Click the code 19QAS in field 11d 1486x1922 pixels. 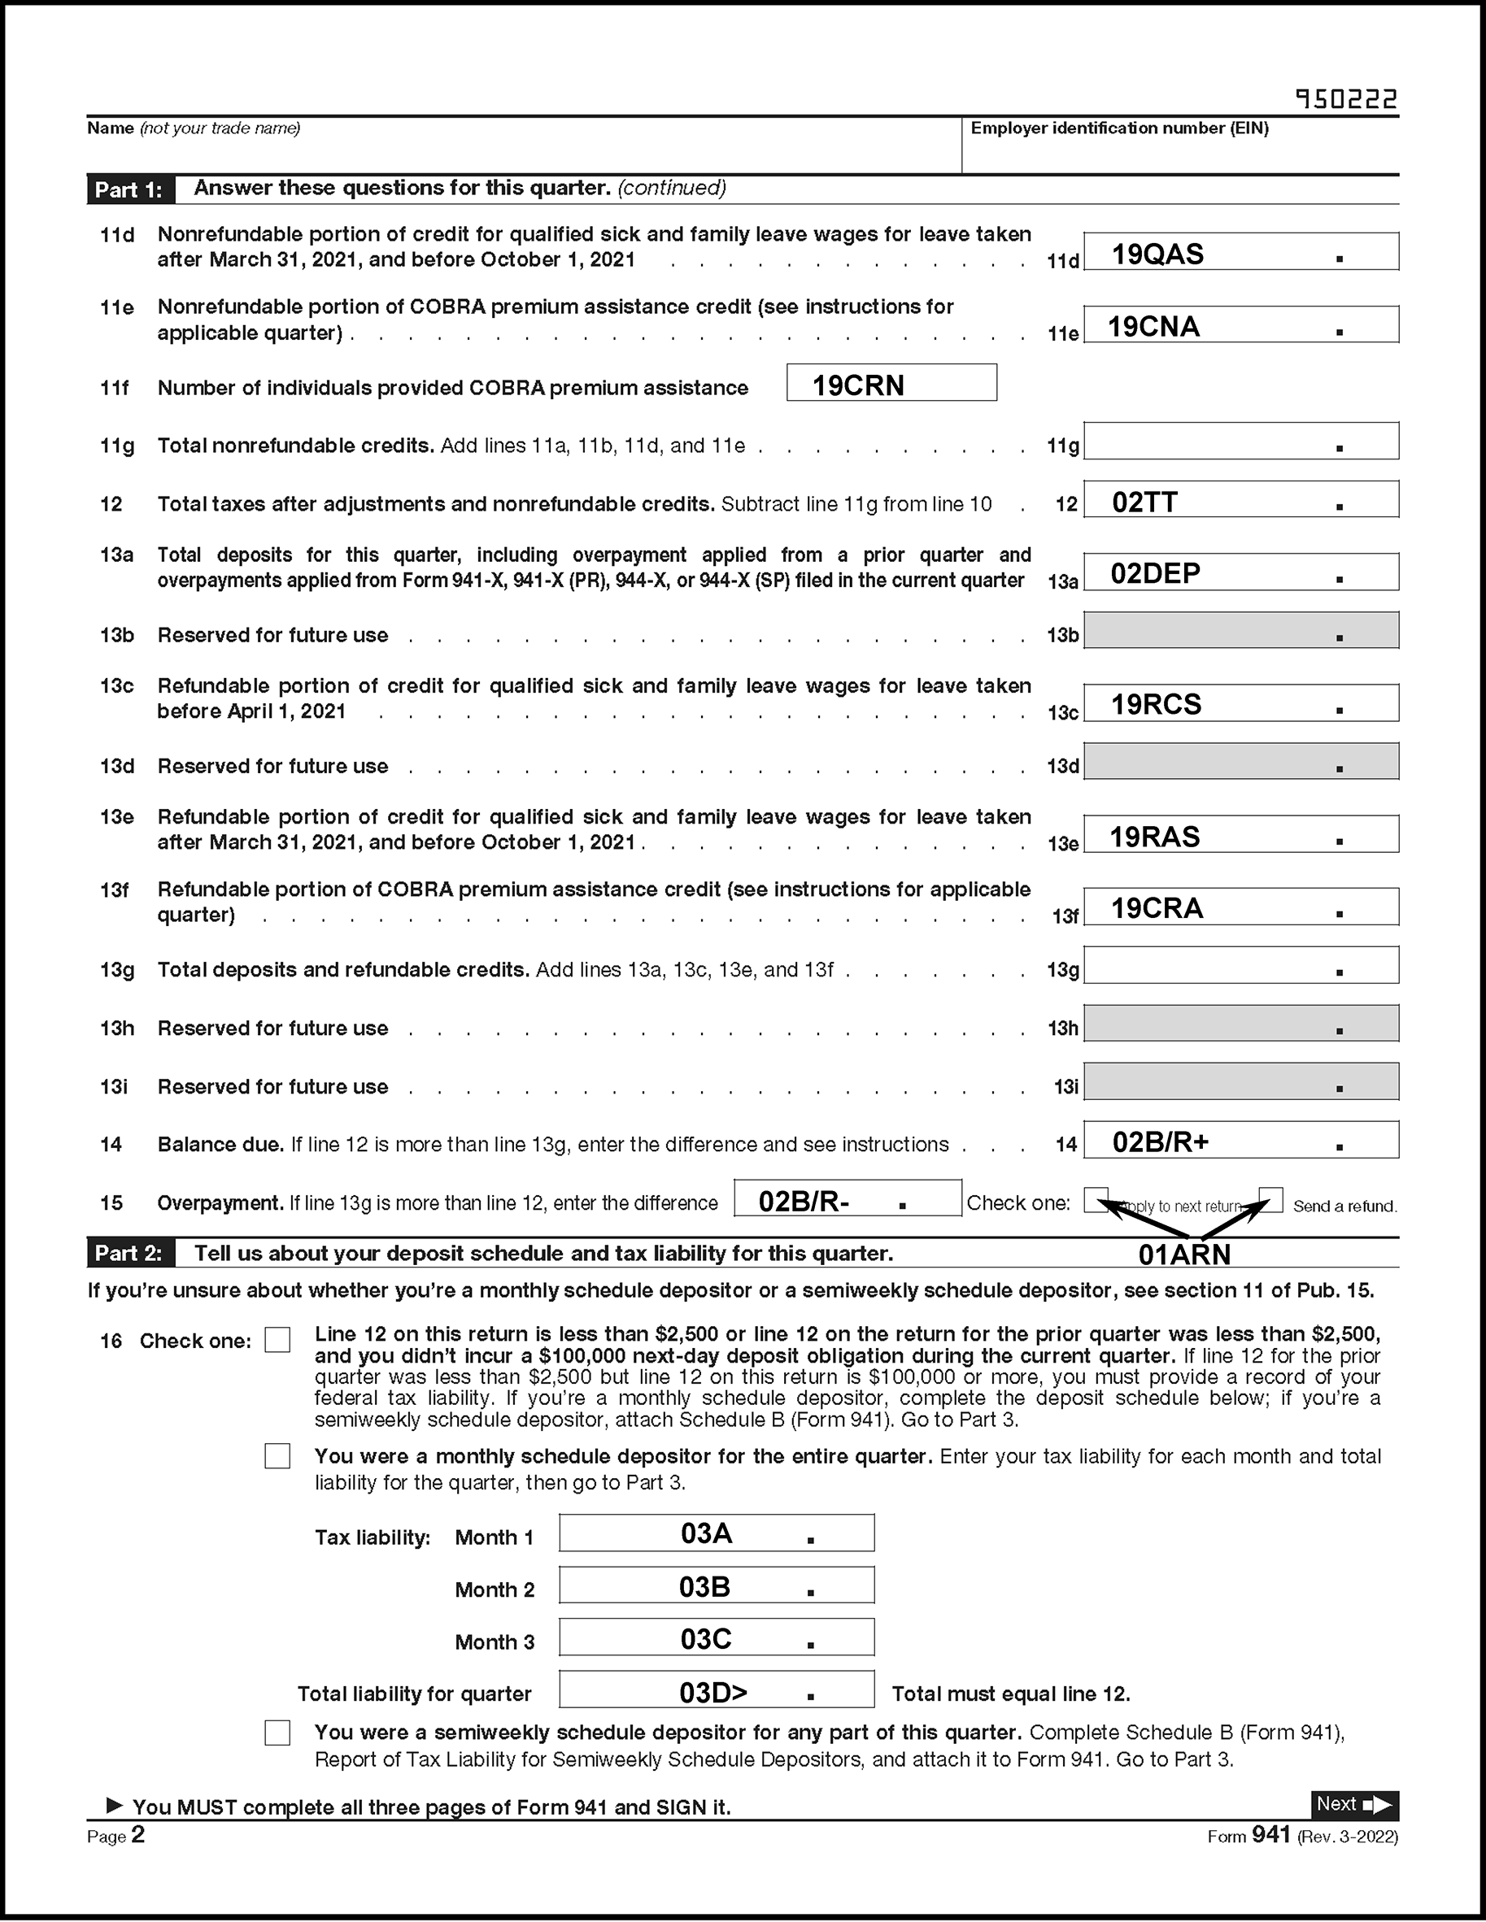(1157, 254)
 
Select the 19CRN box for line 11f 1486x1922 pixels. (891, 384)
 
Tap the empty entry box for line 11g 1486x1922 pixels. (1240, 441)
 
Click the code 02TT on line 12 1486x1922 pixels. (1144, 502)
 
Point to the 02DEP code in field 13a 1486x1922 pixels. (1155, 574)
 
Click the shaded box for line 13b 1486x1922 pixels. (1240, 631)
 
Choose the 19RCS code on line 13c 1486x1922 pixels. (1155, 704)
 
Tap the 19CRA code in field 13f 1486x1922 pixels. (1156, 908)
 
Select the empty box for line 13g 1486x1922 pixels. (1240, 965)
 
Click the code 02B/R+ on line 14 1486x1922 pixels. (1161, 1142)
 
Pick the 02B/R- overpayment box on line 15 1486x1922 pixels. (847, 1198)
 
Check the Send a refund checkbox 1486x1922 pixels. (1270, 1199)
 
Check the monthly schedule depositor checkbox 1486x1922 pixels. (277, 1456)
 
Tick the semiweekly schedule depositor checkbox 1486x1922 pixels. (277, 1733)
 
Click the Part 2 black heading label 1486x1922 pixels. (129, 1253)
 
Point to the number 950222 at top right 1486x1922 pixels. (1346, 99)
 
